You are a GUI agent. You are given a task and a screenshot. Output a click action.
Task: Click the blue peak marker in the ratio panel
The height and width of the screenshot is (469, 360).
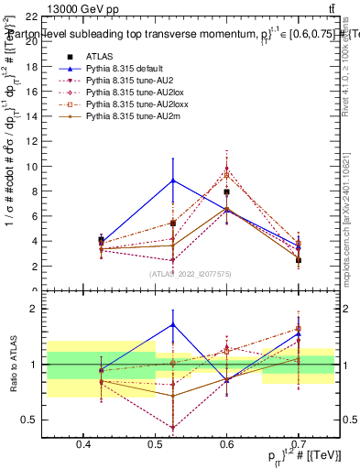pos(173,324)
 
